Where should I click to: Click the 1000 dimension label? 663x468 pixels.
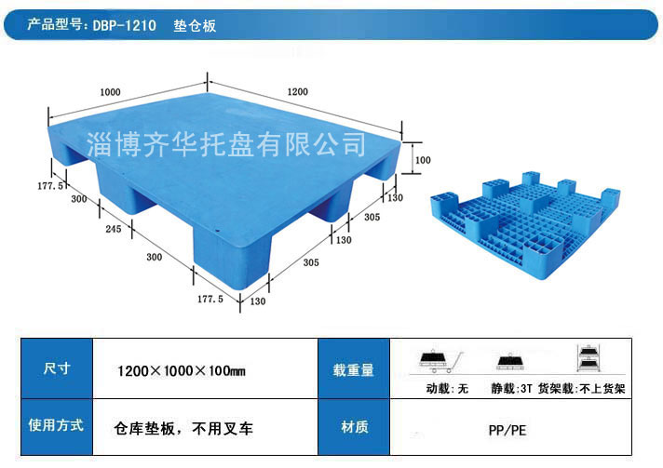click(x=110, y=92)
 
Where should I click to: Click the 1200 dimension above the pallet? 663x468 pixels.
click(x=297, y=92)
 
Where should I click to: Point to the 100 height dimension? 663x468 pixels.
click(x=423, y=160)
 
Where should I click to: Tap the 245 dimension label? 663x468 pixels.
click(x=114, y=229)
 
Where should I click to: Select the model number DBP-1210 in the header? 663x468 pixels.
click(x=125, y=25)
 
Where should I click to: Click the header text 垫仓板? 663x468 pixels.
click(x=195, y=26)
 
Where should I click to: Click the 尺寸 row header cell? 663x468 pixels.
click(x=57, y=368)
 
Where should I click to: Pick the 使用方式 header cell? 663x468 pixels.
click(x=57, y=427)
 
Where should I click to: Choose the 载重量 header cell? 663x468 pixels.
click(x=354, y=368)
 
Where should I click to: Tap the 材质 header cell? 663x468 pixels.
click(x=354, y=427)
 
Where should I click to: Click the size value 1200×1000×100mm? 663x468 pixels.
click(x=182, y=371)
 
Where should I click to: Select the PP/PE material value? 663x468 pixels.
click(x=507, y=431)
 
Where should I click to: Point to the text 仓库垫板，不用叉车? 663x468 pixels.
click(x=183, y=429)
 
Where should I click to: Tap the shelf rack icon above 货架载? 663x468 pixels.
click(x=588, y=358)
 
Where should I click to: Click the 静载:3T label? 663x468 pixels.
click(x=511, y=388)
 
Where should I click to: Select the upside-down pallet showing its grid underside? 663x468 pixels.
click(x=525, y=225)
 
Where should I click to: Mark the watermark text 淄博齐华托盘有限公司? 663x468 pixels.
click(x=226, y=144)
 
